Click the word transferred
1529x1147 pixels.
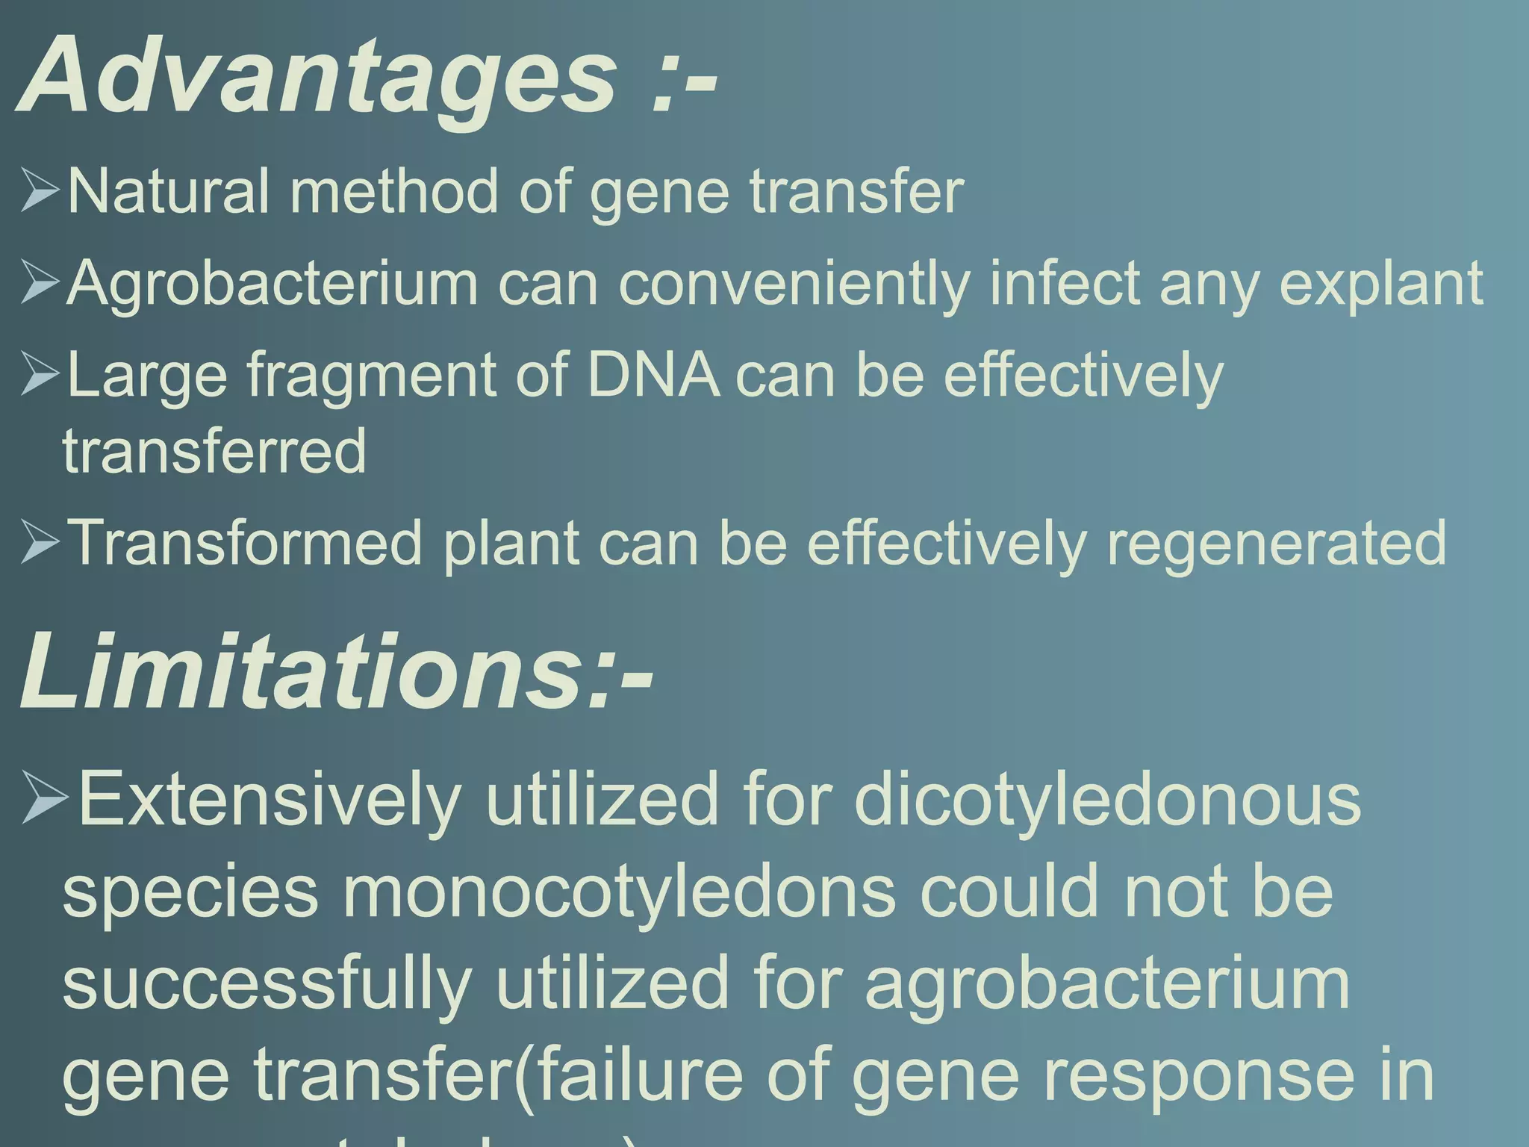tap(214, 451)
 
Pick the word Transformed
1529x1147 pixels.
tap(246, 543)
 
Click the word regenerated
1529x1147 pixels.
tap(1276, 543)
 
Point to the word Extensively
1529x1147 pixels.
tap(270, 799)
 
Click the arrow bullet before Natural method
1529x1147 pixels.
tap(40, 190)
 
